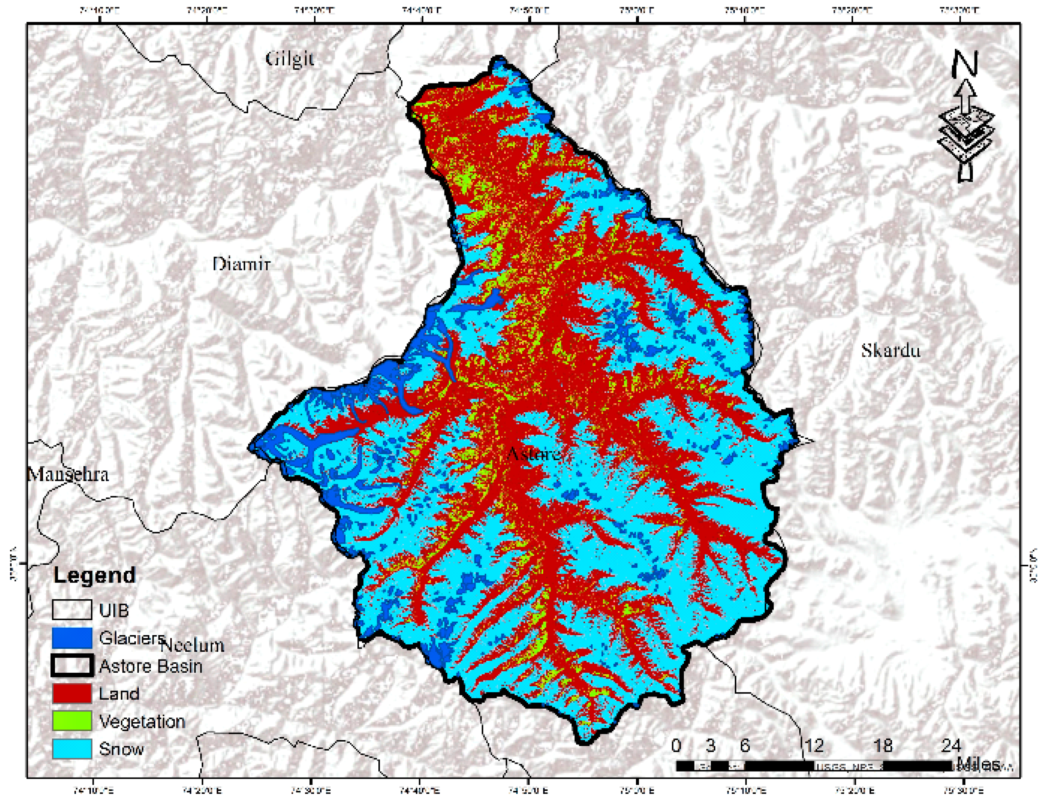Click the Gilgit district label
pyautogui.click(x=290, y=59)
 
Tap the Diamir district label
pyautogui.click(x=241, y=264)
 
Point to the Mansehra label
pyautogui.click(x=68, y=474)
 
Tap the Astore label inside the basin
pyautogui.click(x=533, y=453)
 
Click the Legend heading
pyautogui.click(x=94, y=575)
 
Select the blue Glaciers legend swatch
pyautogui.click(x=72, y=638)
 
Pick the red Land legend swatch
pyautogui.click(x=72, y=693)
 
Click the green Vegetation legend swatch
pyautogui.click(x=72, y=721)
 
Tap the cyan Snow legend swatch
pyautogui.click(x=72, y=749)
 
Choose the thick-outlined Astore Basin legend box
pyautogui.click(x=72, y=666)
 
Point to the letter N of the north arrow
pyautogui.click(x=964, y=64)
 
